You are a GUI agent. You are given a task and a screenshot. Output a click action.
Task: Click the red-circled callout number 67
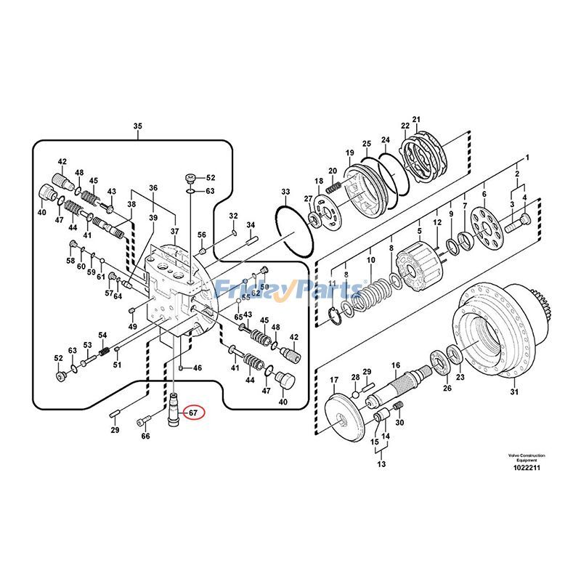click(x=193, y=413)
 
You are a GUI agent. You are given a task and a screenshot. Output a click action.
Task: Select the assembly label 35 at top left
click(x=138, y=126)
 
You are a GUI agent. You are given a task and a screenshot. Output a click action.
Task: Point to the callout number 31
click(x=514, y=393)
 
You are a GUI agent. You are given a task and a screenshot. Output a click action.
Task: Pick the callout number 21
click(x=416, y=120)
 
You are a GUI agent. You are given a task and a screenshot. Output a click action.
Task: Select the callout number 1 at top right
click(x=528, y=158)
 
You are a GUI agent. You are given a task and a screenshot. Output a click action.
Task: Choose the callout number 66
click(x=145, y=436)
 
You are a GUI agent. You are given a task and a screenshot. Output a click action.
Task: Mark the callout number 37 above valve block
click(x=174, y=232)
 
